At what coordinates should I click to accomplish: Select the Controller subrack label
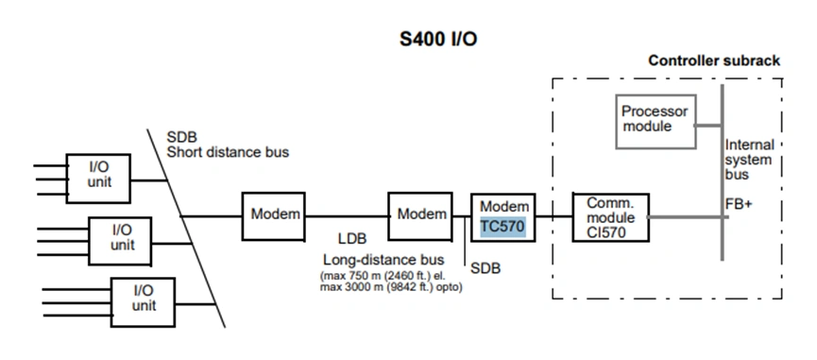point(714,60)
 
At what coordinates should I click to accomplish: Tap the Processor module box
point(655,120)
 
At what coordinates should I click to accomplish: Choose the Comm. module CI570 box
point(610,216)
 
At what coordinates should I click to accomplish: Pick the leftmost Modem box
point(275,216)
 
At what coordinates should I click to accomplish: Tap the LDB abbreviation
point(352,239)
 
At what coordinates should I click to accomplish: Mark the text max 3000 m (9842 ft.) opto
point(391,287)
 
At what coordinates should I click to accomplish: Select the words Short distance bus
point(228,151)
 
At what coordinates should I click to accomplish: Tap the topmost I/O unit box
point(98,174)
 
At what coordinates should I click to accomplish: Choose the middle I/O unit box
point(121,237)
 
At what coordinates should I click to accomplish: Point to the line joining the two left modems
point(347,216)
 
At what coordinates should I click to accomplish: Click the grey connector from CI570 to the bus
point(686,216)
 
